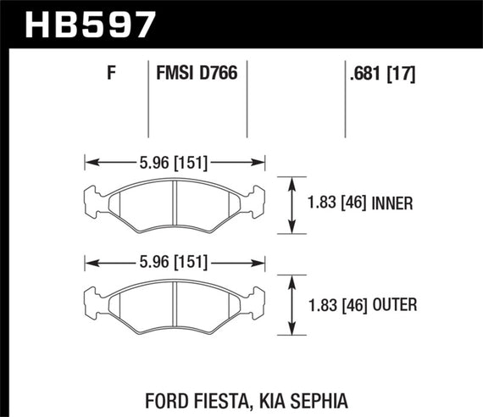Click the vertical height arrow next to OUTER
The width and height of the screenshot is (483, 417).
293,306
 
